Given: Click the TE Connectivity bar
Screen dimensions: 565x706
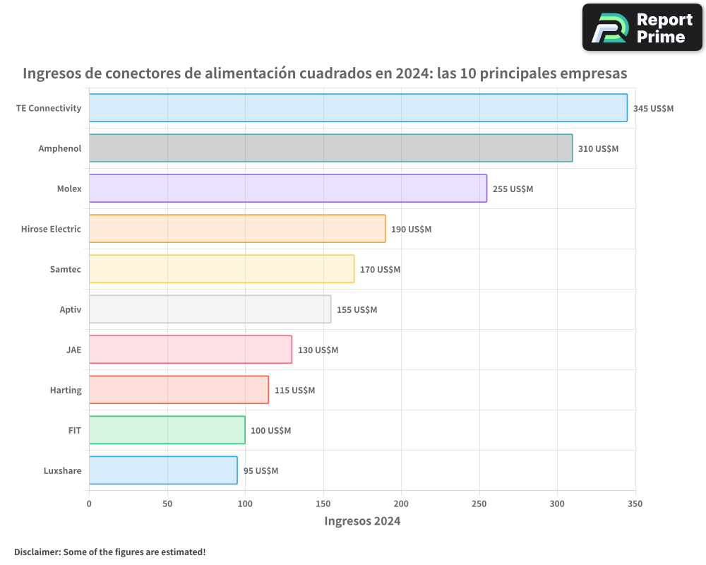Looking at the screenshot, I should coord(358,108).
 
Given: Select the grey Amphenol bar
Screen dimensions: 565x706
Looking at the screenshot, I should coord(330,148).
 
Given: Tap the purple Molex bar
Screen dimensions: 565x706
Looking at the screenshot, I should coord(287,189).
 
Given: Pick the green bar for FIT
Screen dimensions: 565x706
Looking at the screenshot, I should coord(167,430).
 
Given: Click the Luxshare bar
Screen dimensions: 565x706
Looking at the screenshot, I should coord(162,470).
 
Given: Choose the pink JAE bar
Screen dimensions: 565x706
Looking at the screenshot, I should coord(190,350).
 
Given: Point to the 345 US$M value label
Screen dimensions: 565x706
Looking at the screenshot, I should coord(653,109).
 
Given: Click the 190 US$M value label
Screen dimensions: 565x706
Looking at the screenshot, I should coord(411,230).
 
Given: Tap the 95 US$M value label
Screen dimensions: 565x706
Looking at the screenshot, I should coord(261,471).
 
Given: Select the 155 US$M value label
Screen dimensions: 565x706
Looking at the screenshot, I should coord(357,310).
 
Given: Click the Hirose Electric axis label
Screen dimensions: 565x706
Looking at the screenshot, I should coord(51,229).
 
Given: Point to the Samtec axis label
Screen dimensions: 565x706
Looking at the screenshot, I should coord(66,269).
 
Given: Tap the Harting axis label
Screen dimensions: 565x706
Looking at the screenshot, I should coord(66,390).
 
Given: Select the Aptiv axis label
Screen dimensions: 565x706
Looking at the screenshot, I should coord(71,309).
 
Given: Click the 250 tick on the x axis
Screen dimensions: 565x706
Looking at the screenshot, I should coord(479,504).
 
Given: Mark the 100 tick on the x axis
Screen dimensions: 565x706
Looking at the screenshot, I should coord(245,504).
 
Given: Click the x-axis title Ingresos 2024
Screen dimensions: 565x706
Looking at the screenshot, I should coord(362,521).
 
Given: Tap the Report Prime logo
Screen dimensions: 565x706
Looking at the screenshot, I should coord(642,28).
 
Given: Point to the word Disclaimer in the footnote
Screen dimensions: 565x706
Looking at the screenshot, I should coord(36,552).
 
